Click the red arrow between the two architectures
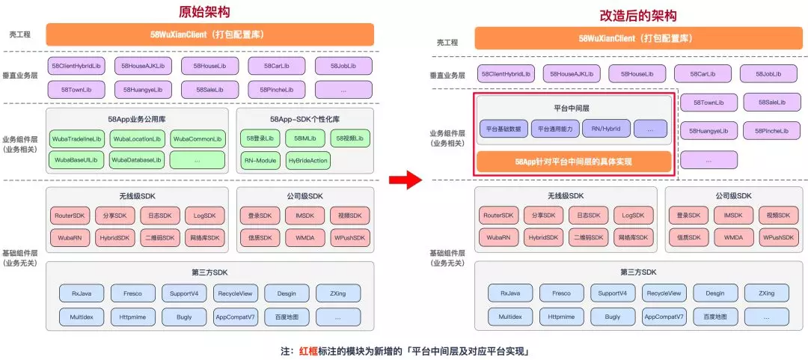tap(405, 180)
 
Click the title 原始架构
tap(204, 12)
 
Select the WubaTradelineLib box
tap(76, 139)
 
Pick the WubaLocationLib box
tap(137, 139)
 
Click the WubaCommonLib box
tap(198, 139)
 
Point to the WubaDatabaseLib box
tap(137, 159)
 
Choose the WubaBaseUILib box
tap(76, 159)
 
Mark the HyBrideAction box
tap(307, 159)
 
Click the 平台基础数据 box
tap(504, 128)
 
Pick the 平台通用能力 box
tap(554, 128)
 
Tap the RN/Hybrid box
tap(606, 128)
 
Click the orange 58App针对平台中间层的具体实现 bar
tap(573, 161)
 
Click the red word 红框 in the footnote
tap(308, 350)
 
